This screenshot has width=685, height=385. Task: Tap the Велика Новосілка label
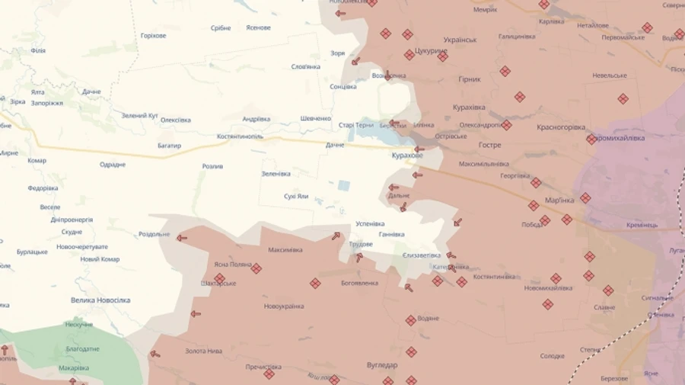100,300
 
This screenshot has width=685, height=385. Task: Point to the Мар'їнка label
560,200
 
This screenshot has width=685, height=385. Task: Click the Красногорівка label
561,127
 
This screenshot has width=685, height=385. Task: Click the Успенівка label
371,224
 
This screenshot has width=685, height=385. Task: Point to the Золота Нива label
204,351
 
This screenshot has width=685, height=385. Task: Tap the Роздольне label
155,234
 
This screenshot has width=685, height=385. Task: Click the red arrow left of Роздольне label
182,238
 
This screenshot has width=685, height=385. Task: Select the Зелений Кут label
140,115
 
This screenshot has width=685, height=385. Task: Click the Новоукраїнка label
284,306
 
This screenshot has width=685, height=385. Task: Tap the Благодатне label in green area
82,348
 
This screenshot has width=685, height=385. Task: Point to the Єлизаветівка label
422,255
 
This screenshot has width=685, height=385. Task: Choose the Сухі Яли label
296,196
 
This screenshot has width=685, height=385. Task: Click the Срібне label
221,28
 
